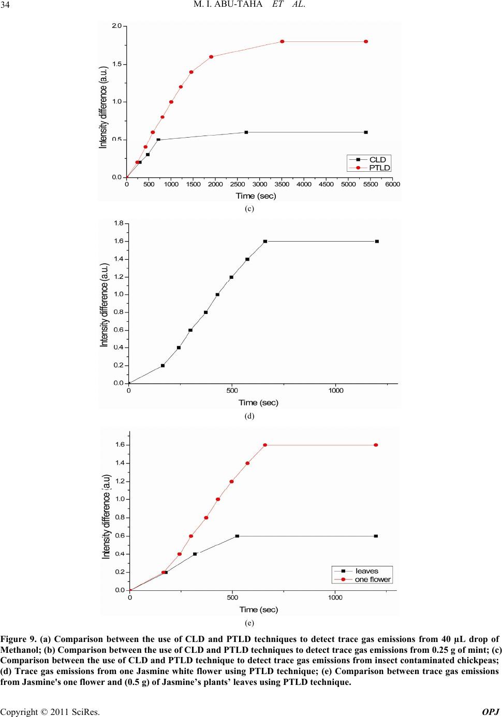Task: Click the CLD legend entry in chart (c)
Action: pos(377,159)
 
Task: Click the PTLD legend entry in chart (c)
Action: pos(379,168)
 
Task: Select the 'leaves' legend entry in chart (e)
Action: pos(366,571)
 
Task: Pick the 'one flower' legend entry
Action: pos(373,579)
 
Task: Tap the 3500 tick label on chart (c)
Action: pos(282,184)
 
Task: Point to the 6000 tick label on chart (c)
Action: pos(393,184)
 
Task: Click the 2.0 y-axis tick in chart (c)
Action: pos(117,25)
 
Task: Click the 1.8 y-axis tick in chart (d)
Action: pos(119,223)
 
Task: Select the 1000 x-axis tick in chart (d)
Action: pos(335,391)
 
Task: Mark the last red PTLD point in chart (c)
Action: pos(366,41)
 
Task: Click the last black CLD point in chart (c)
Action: pos(366,132)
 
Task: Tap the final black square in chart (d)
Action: pos(377,241)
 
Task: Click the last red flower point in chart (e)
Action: pos(376,445)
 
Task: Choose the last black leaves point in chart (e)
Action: pos(376,536)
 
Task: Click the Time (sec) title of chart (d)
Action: pos(258,402)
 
